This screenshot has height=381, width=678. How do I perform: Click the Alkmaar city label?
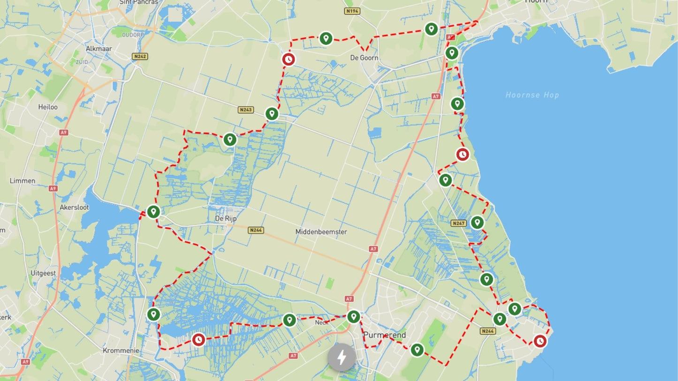click(98, 48)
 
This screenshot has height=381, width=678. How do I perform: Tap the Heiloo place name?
click(48, 107)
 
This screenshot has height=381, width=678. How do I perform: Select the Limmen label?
click(23, 180)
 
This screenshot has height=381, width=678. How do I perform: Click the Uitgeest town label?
click(43, 273)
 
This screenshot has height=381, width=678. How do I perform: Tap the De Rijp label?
click(226, 218)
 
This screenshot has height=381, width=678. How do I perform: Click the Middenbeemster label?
click(321, 232)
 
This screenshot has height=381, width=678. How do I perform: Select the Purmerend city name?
click(384, 335)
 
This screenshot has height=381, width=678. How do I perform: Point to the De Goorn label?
click(364, 58)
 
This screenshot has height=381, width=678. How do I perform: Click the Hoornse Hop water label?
click(532, 95)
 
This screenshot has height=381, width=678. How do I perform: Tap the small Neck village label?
click(321, 322)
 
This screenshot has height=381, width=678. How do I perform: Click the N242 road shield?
click(140, 56)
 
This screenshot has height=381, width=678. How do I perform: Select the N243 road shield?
click(245, 110)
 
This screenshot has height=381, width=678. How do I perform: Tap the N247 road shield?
click(458, 223)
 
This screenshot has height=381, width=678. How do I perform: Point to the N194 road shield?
click(352, 11)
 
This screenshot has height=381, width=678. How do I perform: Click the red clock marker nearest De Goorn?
click(289, 59)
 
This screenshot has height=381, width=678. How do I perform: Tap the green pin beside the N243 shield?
click(272, 113)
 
